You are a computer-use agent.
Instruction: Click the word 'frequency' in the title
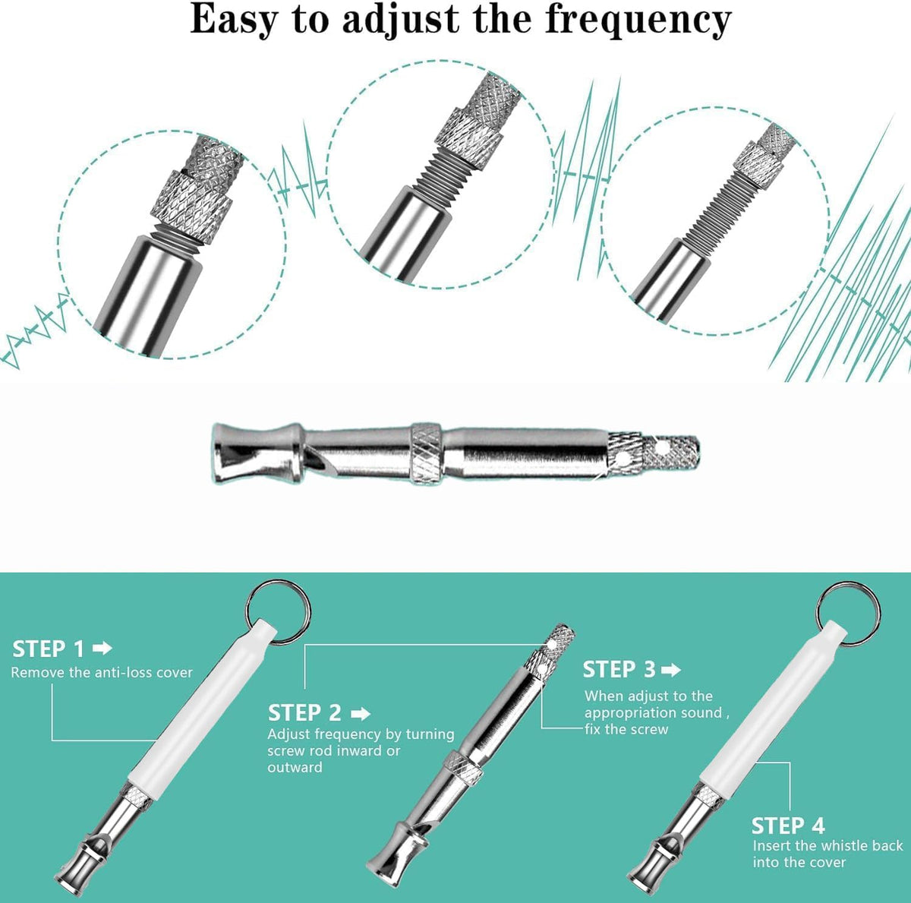click(638, 21)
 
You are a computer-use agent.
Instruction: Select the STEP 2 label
click(304, 713)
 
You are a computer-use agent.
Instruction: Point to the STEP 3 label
click(619, 669)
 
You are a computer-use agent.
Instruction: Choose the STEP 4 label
click(788, 826)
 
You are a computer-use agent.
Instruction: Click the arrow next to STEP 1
click(102, 648)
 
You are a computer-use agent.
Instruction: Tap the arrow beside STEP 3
click(671, 669)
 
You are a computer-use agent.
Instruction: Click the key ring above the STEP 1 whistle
click(278, 611)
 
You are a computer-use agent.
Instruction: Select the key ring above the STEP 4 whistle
click(849, 613)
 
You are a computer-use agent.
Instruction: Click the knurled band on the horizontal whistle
click(426, 453)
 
